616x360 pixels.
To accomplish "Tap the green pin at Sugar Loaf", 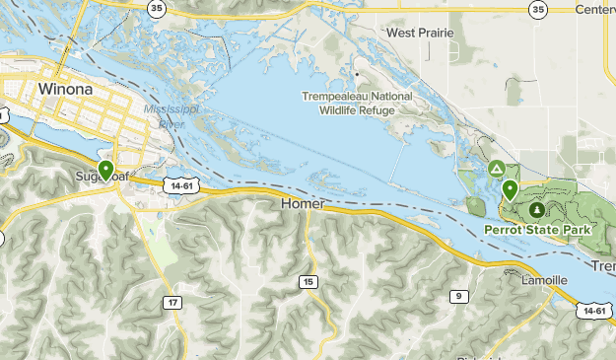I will [x=105, y=171].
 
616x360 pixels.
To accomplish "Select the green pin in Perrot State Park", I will [x=510, y=189].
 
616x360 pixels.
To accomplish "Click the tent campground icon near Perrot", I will [x=497, y=170].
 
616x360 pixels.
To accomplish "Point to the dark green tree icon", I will [x=535, y=210].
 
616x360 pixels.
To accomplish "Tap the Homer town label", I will [x=302, y=203].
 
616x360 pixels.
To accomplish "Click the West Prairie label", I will [x=420, y=33].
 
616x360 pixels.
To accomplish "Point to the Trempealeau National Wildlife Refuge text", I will [x=357, y=104].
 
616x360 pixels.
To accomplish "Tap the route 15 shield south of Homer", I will [x=308, y=282].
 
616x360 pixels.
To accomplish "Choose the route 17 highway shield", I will [x=172, y=302].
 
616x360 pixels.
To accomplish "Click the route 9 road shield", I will [x=458, y=296].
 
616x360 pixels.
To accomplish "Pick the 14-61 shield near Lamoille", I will [x=593, y=310].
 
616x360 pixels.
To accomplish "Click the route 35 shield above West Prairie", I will [x=536, y=9].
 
